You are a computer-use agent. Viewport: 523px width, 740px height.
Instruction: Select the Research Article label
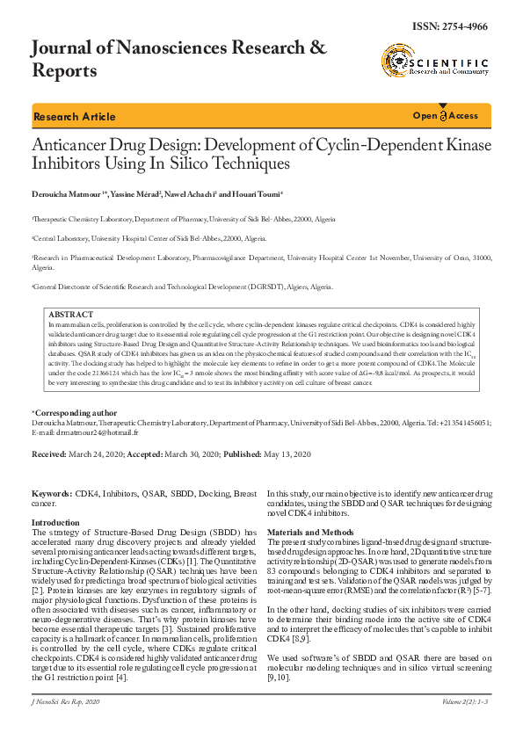tap(74, 117)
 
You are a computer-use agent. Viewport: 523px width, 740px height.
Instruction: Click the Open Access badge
tap(446, 116)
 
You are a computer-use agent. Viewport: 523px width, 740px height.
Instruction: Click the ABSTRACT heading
tap(71, 314)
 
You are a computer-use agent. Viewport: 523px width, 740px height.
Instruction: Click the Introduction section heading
tap(55, 522)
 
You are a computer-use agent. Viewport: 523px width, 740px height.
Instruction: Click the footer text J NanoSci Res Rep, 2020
tap(68, 727)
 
